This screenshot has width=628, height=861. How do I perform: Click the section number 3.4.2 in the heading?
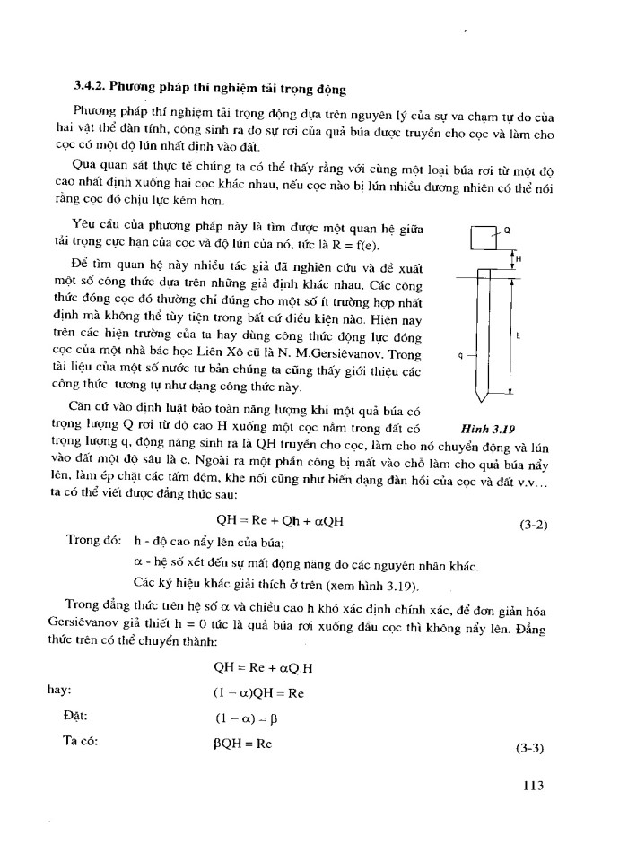(x=91, y=90)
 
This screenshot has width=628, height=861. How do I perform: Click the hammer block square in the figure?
(x=483, y=238)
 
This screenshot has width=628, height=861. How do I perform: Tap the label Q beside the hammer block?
(x=507, y=230)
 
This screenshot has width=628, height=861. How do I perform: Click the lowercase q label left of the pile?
(x=459, y=355)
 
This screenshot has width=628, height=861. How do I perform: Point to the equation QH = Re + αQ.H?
(x=261, y=667)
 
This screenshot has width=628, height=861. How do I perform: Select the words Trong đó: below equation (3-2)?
(x=93, y=543)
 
